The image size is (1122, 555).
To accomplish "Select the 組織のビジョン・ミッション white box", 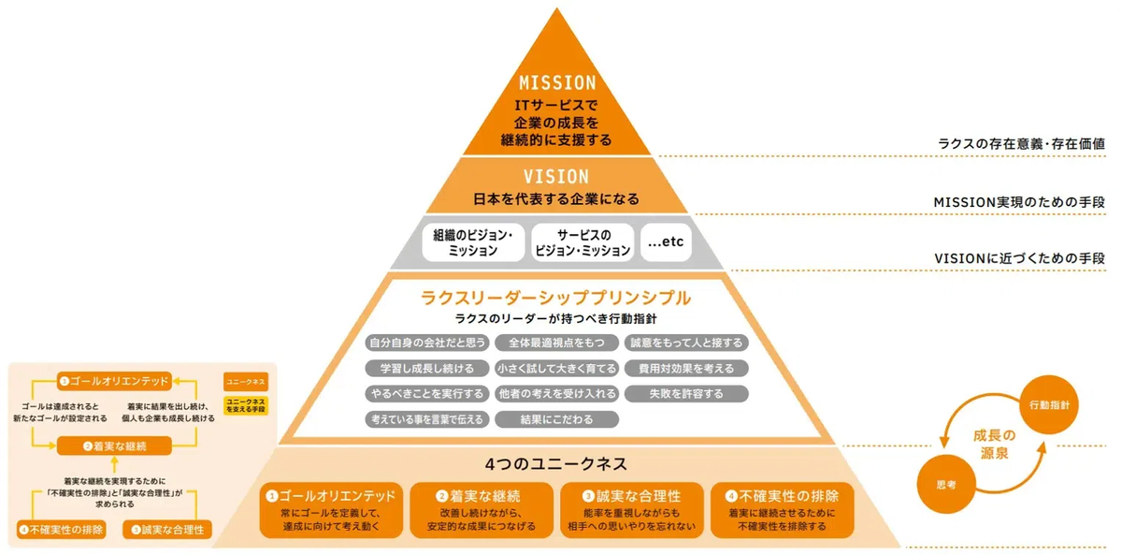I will (x=473, y=242).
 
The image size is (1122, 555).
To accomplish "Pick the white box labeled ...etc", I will (x=665, y=242).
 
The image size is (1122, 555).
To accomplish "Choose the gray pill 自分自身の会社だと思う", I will (x=426, y=343).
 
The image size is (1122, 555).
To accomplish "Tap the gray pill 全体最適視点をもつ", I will (x=556, y=343).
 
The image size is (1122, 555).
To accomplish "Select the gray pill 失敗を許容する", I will (x=686, y=393).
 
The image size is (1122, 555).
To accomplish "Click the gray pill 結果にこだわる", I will (x=556, y=419).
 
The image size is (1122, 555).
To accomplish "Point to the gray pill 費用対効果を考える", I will (x=686, y=368).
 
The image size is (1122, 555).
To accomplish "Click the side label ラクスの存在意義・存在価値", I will (x=1022, y=144).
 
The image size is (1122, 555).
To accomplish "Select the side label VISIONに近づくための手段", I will (x=1020, y=257).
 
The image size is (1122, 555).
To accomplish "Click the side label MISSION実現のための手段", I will (x=1020, y=201).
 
